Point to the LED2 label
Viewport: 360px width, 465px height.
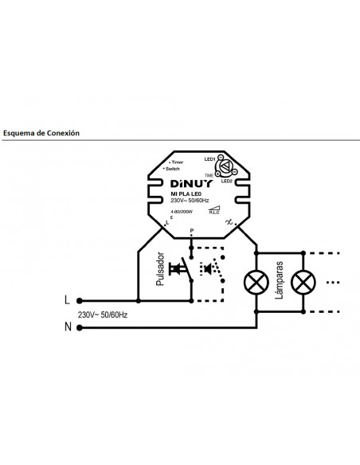pos(227,182)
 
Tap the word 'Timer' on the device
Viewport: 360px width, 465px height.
pos(176,162)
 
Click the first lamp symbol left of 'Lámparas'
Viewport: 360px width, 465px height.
pos(256,283)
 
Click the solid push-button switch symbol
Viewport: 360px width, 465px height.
pos(182,268)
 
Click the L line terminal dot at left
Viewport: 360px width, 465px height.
pos(79,301)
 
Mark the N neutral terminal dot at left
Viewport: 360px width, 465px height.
pos(79,326)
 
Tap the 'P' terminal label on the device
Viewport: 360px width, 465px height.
pos(190,230)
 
